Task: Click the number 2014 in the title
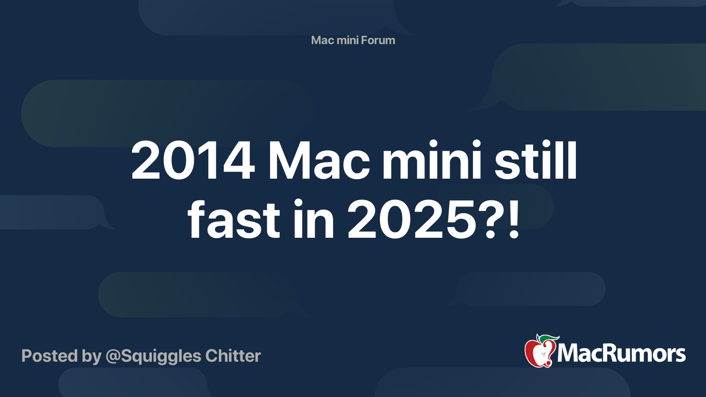point(193,161)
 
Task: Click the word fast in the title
point(234,220)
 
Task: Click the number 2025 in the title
point(411,220)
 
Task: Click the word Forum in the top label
point(378,40)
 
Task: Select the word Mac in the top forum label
point(322,40)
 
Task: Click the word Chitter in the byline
point(233,356)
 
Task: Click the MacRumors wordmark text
point(621,353)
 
